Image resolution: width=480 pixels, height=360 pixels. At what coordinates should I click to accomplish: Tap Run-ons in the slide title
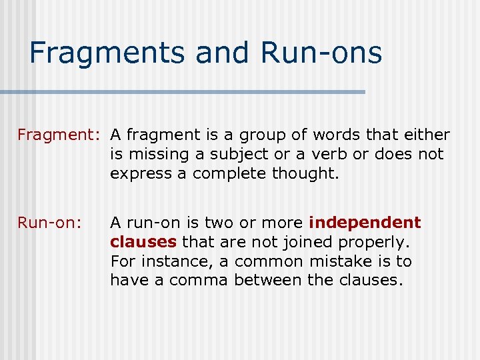pos(322,53)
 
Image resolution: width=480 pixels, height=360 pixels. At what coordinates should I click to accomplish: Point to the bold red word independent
pos(365,223)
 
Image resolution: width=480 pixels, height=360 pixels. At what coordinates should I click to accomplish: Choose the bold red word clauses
pos(143,242)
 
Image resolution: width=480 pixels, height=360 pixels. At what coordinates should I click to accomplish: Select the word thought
pos(313,174)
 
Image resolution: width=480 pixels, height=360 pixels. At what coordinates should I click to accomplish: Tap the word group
pos(253,135)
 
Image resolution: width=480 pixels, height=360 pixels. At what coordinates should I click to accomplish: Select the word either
pos(427,135)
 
